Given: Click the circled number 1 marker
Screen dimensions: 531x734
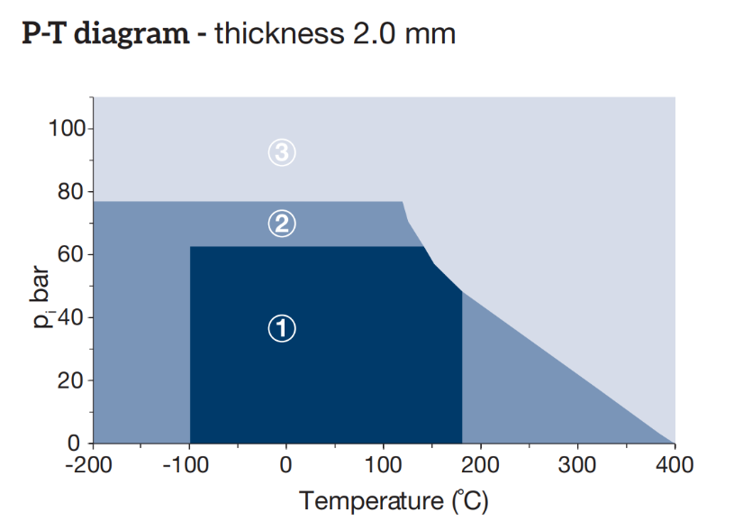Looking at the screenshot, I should pos(282,329).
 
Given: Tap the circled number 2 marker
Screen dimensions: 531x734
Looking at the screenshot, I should pos(282,223).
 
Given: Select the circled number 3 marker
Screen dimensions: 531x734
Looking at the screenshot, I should pos(282,153).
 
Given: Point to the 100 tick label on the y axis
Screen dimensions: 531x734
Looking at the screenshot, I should pos(67,129).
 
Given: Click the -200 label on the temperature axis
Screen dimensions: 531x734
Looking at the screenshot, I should pos(95,465).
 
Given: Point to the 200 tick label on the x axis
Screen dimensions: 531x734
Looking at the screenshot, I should pos(480,465).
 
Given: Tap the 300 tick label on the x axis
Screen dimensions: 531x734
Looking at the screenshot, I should pos(577,465).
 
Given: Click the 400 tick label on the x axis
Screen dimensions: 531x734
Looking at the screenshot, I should pos(675,465).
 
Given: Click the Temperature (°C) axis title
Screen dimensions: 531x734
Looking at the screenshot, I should pos(394,500).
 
